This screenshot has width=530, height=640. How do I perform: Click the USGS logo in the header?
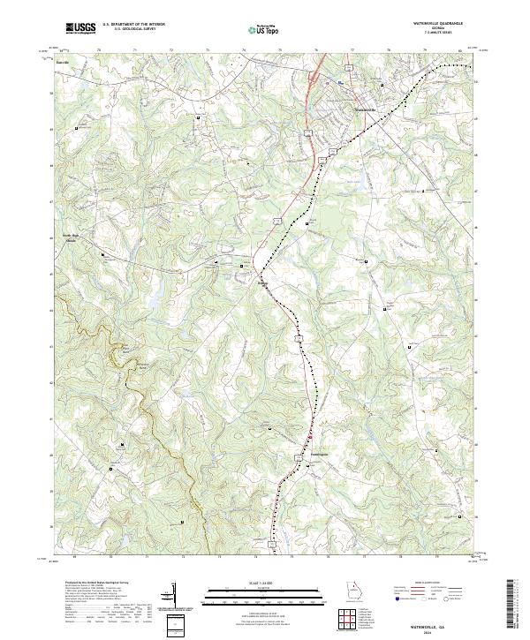click(x=81, y=29)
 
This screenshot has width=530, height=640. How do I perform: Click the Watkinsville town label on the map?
click(x=365, y=109)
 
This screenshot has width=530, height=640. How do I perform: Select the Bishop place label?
click(x=262, y=283)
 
